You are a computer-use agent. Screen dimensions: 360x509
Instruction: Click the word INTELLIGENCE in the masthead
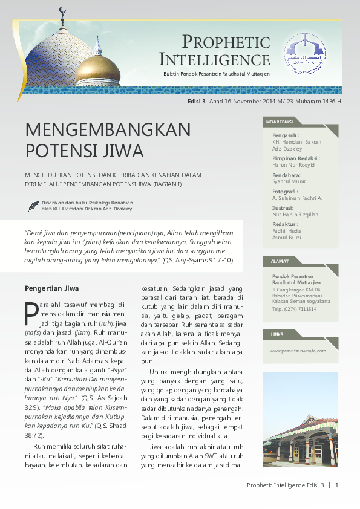215,60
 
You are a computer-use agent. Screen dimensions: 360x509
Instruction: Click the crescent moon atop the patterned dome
61,10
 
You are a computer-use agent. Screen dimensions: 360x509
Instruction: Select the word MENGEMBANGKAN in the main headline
108,130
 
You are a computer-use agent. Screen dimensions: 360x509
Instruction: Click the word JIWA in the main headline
120,150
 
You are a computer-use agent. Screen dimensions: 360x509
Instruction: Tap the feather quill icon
33,206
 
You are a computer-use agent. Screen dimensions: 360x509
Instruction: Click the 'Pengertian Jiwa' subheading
51,288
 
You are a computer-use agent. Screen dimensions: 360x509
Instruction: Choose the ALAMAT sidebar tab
277,261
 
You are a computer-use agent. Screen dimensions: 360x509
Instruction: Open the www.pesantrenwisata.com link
298,351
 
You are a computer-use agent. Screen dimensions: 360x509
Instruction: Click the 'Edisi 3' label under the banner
197,102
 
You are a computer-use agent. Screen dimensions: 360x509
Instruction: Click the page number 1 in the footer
336,485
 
